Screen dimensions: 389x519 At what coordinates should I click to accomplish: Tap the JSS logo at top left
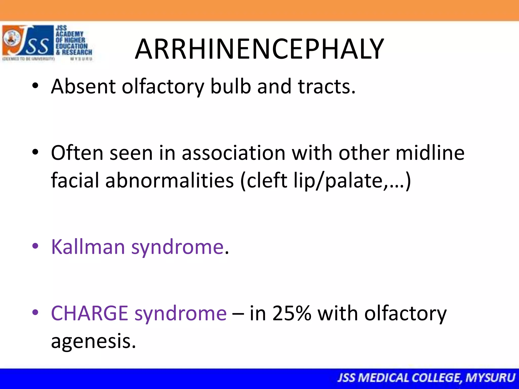(47, 43)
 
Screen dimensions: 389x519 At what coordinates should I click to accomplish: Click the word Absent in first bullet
(83, 86)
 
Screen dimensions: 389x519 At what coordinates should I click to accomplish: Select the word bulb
(231, 86)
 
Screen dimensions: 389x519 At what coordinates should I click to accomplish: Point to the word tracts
(327, 86)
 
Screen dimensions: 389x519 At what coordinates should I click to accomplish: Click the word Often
(77, 153)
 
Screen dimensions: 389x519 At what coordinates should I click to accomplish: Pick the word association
(233, 153)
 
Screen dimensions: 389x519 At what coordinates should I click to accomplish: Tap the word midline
(430, 153)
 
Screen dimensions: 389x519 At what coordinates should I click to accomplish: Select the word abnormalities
(169, 180)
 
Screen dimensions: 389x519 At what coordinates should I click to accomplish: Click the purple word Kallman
(88, 247)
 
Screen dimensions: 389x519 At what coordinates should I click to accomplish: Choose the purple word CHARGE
(89, 313)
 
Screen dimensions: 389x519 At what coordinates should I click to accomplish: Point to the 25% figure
(292, 313)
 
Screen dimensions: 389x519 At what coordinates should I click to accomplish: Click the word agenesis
(93, 341)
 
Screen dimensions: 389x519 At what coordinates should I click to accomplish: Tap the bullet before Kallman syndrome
(35, 246)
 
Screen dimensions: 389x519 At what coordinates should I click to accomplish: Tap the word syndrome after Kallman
(177, 247)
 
